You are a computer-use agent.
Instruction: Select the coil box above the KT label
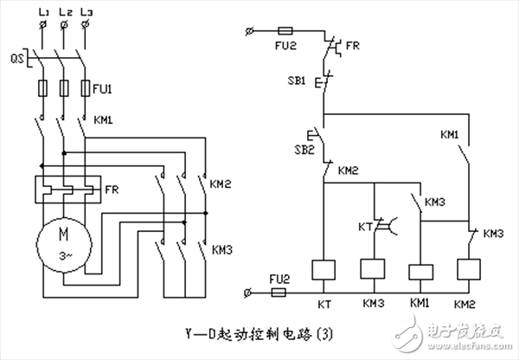323,272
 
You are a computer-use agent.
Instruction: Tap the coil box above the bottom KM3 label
372,272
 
